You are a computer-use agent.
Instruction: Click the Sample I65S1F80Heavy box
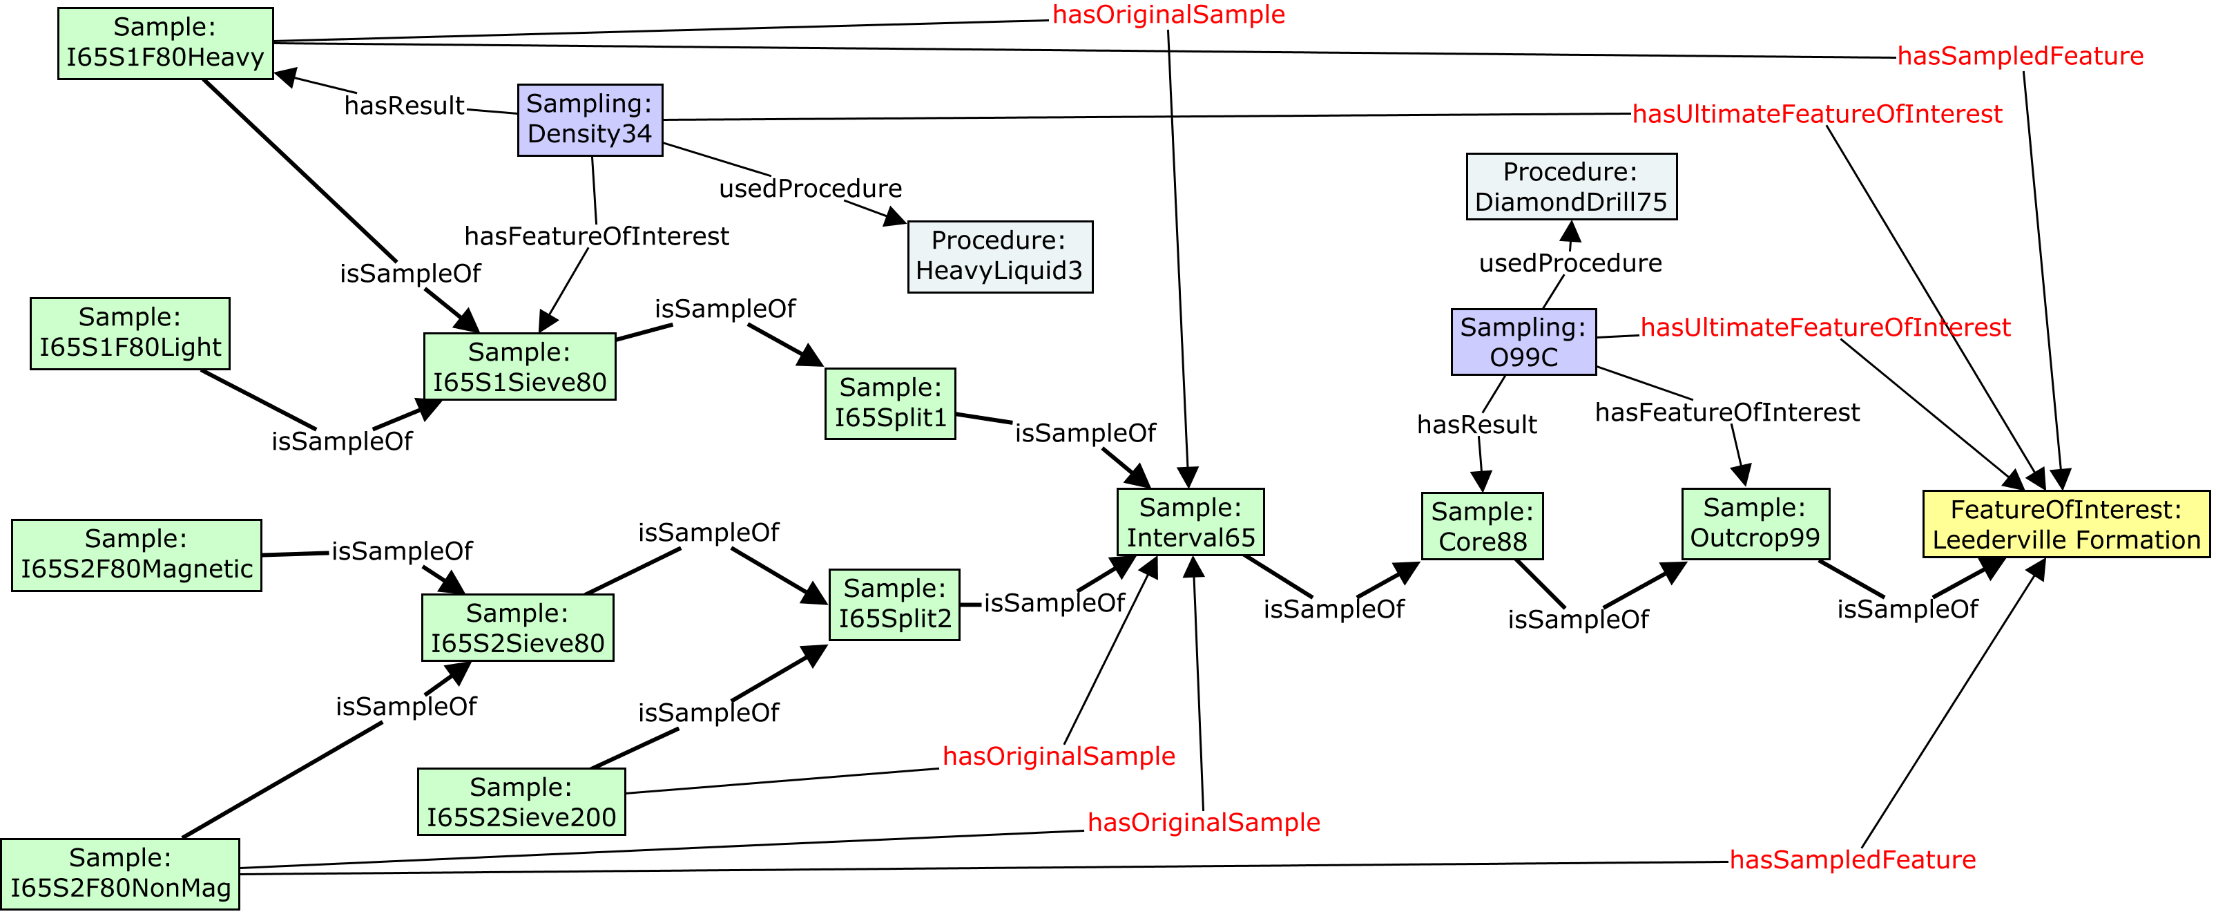tap(165, 43)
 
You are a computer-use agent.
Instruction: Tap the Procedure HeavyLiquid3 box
tap(1000, 256)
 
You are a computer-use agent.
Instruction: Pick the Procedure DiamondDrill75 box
tap(1571, 187)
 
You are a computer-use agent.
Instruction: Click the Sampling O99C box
tap(1523, 342)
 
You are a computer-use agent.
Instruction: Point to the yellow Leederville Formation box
tap(2065, 524)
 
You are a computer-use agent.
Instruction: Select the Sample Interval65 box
tap(1190, 522)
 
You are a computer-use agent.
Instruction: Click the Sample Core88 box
tap(1481, 526)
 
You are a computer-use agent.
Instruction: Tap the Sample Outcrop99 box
tap(1755, 523)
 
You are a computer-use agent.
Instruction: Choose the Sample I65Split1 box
tap(889, 403)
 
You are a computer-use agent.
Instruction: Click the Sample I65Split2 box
tap(894, 604)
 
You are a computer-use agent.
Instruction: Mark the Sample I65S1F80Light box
tap(130, 333)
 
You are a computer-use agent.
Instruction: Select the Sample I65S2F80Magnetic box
tap(136, 555)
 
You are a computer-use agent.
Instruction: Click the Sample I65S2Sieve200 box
tap(521, 801)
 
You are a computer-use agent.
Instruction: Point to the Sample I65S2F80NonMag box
tap(119, 873)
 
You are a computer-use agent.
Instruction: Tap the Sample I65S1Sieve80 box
tap(519, 367)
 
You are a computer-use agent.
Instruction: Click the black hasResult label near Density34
tap(404, 106)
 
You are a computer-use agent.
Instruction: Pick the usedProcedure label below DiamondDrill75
tap(1570, 263)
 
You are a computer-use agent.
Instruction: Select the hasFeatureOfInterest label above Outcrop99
tap(1726, 412)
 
